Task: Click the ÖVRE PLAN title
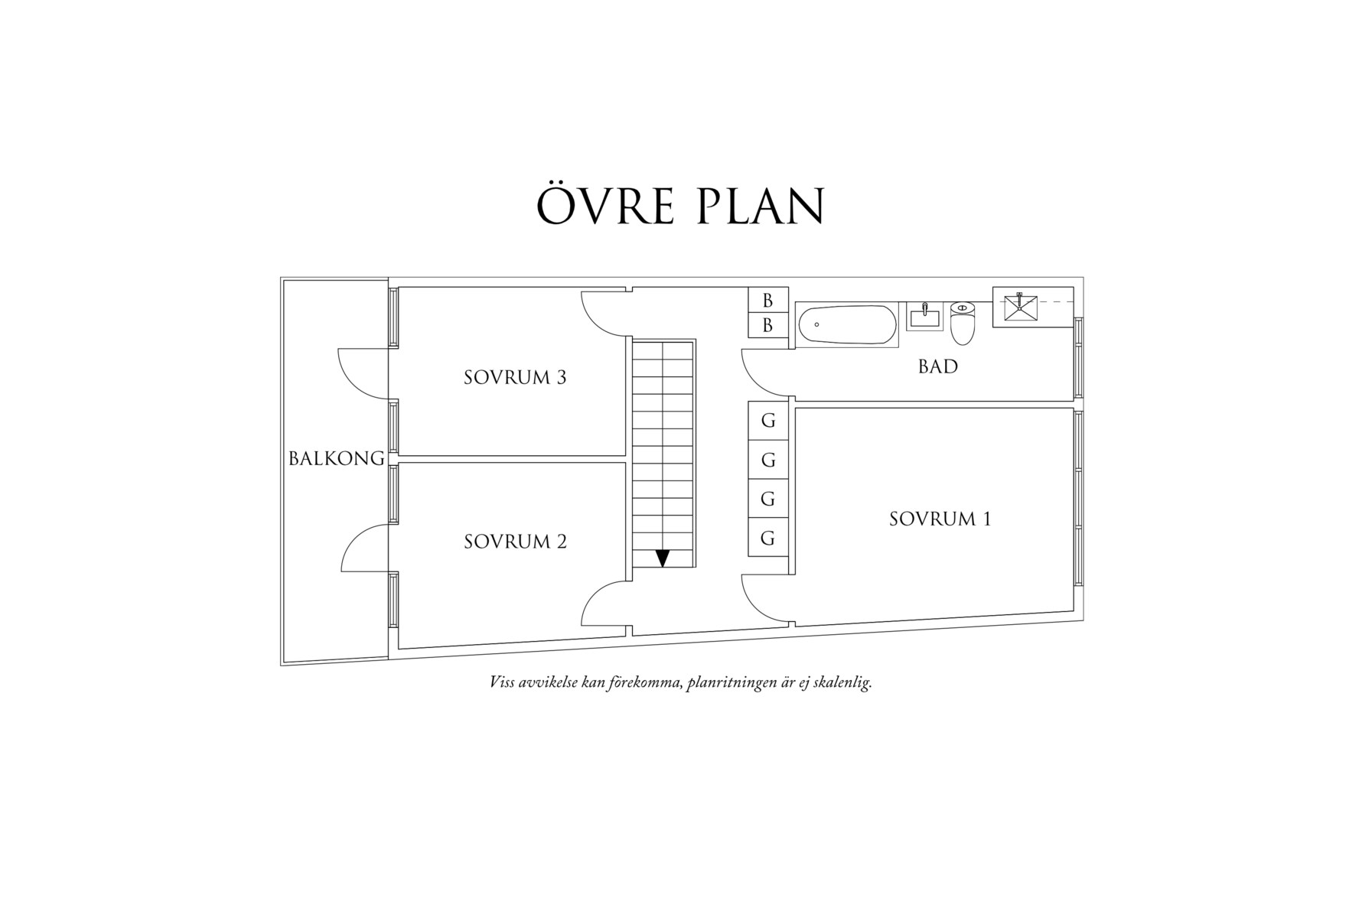pos(679,205)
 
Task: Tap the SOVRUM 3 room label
pos(515,377)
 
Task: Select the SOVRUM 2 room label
pos(515,542)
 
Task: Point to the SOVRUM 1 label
pos(940,519)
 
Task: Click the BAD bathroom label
pos(937,366)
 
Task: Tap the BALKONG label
pos(336,458)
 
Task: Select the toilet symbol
pos(963,324)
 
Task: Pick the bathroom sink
pos(924,316)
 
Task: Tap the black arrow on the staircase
pos(663,558)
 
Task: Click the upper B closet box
pos(767,301)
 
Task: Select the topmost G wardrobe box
pos(768,420)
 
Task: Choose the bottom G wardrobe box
pos(768,538)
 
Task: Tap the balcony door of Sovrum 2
pos(364,548)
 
